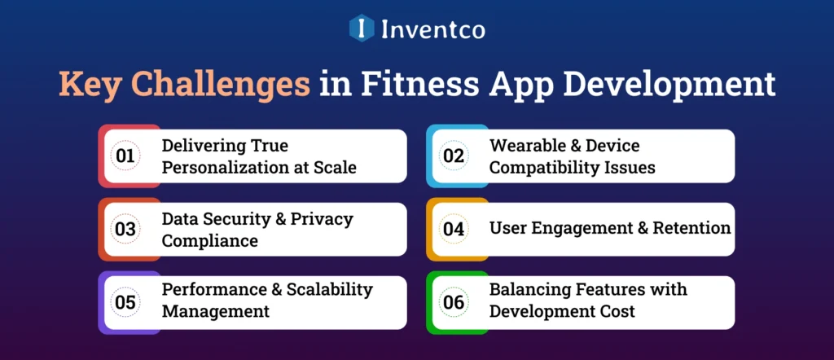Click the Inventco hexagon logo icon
pyautogui.click(x=361, y=29)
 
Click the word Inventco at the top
pyautogui.click(x=432, y=29)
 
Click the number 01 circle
pyautogui.click(x=125, y=156)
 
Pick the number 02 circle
pyautogui.click(x=454, y=156)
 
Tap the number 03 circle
pyautogui.click(x=125, y=229)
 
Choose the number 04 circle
pyautogui.click(x=454, y=229)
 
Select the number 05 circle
pyautogui.click(x=125, y=302)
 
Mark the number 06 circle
pyautogui.click(x=454, y=302)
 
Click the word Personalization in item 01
pyautogui.click(x=222, y=167)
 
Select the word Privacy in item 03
pyautogui.click(x=323, y=219)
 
